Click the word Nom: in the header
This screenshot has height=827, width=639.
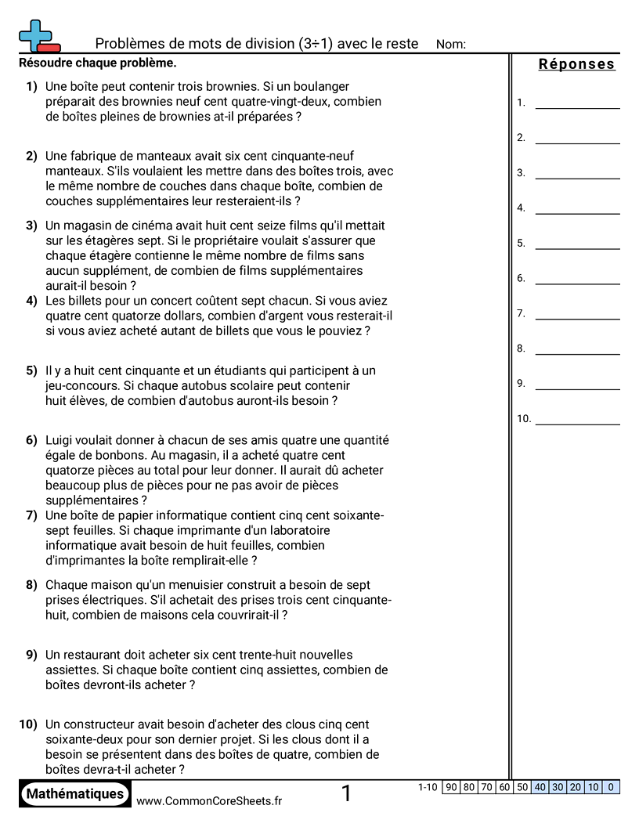coord(450,45)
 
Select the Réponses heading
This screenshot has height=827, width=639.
coord(577,65)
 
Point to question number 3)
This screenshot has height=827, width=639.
coord(31,226)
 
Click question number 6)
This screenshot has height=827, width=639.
coord(31,440)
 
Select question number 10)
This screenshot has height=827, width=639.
coord(29,724)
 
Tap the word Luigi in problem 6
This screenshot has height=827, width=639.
coord(60,440)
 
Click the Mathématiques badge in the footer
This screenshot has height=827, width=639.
coord(75,794)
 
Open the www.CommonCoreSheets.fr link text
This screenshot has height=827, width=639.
coord(209,800)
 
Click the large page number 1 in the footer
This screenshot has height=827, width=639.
coord(347,794)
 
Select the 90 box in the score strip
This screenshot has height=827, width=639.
coord(451,787)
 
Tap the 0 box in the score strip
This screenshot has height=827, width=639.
coord(611,787)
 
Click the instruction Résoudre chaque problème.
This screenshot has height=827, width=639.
coord(97,63)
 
